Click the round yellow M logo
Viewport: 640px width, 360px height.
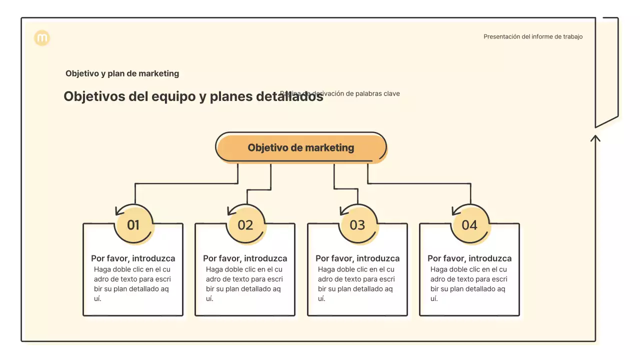point(42,38)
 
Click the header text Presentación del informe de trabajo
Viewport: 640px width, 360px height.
point(532,36)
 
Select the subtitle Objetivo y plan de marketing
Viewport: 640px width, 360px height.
point(122,73)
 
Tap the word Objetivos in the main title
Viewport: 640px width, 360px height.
point(94,96)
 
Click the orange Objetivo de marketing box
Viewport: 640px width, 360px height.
point(301,147)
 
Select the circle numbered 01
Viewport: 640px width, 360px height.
point(133,225)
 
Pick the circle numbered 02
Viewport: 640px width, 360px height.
point(245,225)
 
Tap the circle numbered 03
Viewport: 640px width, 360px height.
point(357,225)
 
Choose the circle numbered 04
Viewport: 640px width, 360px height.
point(469,225)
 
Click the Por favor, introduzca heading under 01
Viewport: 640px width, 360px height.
point(133,258)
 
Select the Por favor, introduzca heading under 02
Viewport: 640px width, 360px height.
point(245,258)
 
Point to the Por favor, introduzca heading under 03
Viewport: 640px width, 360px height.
point(357,258)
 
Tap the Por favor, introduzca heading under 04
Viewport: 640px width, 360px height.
point(469,258)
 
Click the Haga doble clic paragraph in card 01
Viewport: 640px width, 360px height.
point(132,284)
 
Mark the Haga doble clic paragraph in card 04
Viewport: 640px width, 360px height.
point(468,284)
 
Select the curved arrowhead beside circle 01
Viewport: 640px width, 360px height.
point(119,211)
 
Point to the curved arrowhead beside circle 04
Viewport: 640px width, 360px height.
point(455,211)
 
